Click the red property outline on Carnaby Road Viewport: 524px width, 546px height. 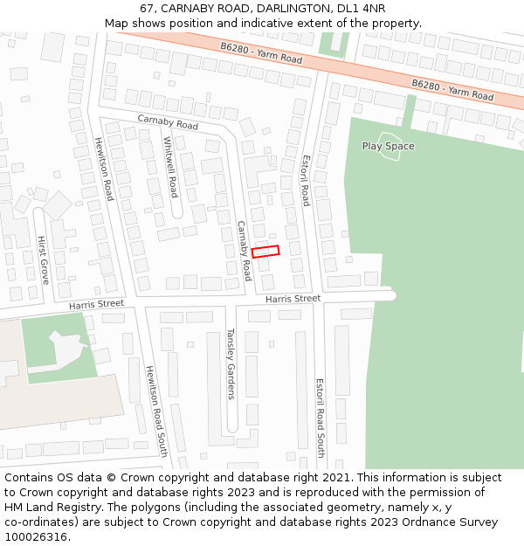click(x=265, y=252)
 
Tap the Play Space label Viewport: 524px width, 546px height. click(x=388, y=146)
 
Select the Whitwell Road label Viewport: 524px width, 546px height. click(x=171, y=167)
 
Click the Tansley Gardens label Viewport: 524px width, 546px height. click(x=231, y=363)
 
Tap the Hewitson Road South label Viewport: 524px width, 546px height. click(x=156, y=411)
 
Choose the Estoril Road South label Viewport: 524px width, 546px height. click(x=321, y=418)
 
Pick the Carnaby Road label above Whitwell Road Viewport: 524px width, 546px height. click(x=168, y=122)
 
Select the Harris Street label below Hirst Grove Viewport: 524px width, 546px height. click(x=96, y=304)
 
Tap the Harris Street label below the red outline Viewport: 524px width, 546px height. click(x=293, y=299)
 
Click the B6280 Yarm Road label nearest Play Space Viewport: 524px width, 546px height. click(x=452, y=91)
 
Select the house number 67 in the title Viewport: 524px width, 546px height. click(x=146, y=9)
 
